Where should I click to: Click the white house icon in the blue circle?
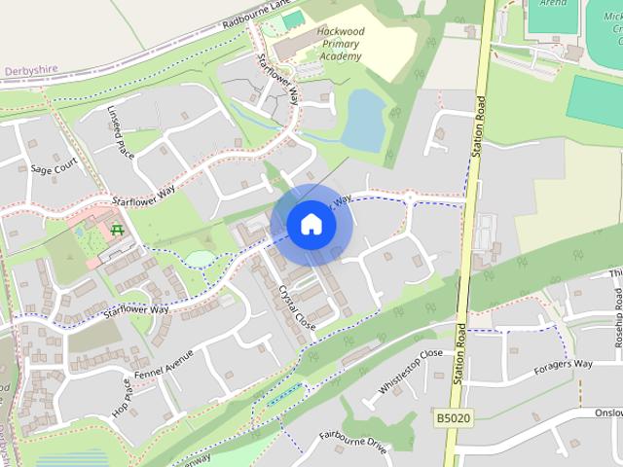311,224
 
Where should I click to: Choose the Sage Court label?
54,168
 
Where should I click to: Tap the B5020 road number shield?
453,416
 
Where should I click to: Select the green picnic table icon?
118,230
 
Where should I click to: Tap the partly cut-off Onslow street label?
605,412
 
